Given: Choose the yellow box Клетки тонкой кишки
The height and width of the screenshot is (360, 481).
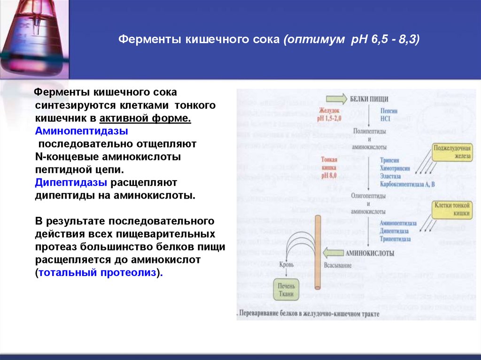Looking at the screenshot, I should click(x=452, y=209).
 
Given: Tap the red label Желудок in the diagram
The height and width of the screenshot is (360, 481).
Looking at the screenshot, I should click(x=328, y=110).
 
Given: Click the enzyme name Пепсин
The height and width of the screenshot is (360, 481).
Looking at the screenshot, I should click(x=389, y=111).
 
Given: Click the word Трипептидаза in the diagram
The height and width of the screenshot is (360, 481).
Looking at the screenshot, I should click(x=396, y=239).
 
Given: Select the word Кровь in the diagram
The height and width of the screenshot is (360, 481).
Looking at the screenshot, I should click(x=287, y=265).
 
